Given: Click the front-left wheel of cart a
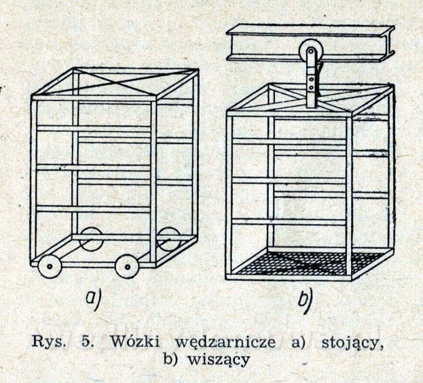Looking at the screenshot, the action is pos(50,266).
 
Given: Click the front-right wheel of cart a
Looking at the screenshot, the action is pos(127,267).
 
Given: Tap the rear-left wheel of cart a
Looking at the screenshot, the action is pos(91,239).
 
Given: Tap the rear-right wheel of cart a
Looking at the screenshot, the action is pos(169,239).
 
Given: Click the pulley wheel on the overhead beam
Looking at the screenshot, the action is pos(310,51).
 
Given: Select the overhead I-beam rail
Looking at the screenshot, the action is pos(310,43).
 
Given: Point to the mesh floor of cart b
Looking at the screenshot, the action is pos(308,263).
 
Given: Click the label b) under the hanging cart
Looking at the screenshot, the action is pos(305,300).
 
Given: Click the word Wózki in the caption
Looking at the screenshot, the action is pos(135,342).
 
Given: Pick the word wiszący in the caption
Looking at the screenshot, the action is pos(218,360).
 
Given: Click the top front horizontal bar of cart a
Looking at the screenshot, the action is pos(94,98).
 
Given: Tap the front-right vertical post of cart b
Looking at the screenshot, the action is pos(349,196).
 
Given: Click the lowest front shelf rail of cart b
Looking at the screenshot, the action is pos(289,222).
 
